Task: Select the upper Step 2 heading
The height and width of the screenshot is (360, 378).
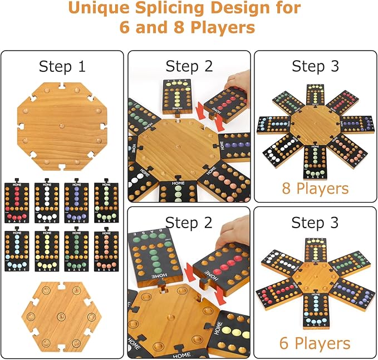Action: point(189,66)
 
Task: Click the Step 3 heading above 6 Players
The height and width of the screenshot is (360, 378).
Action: point(315,222)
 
